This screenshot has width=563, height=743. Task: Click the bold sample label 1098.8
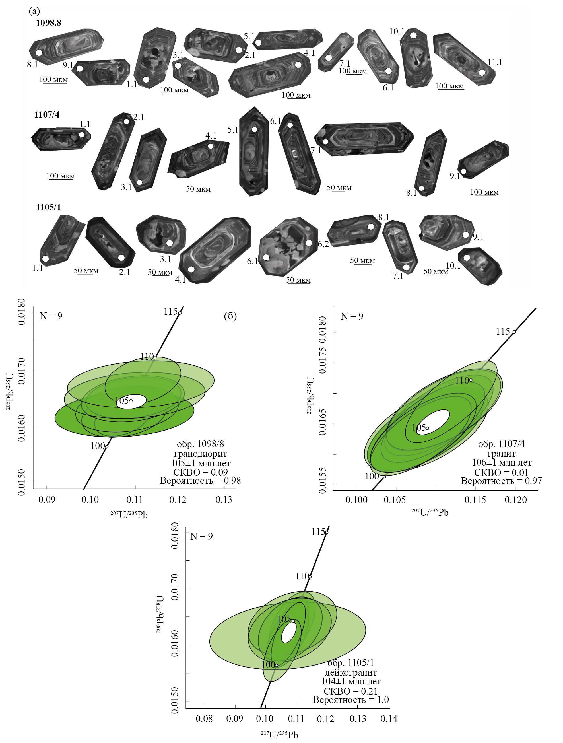(48, 23)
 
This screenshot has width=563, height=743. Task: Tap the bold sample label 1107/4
(47, 115)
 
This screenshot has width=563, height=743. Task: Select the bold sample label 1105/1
(48, 207)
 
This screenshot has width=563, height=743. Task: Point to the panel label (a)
(34, 11)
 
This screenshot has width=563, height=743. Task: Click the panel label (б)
(230, 316)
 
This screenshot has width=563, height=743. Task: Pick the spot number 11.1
(495, 62)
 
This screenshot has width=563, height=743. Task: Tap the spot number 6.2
(323, 244)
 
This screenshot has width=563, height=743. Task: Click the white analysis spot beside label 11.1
(482, 72)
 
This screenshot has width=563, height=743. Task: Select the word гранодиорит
(201, 454)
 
